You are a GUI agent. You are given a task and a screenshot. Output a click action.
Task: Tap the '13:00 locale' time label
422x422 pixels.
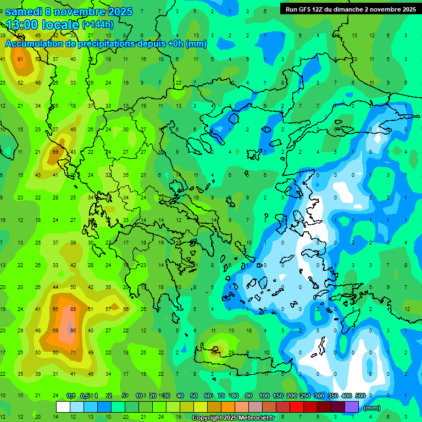(43, 24)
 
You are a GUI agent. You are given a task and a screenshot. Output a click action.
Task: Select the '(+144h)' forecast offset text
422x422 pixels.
(98, 24)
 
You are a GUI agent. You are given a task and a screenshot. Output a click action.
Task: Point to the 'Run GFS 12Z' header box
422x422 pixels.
(349, 9)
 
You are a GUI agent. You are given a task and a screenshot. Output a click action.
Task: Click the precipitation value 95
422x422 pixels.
(73, 330)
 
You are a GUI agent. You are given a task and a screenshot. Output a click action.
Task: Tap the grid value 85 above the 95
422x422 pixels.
(73, 309)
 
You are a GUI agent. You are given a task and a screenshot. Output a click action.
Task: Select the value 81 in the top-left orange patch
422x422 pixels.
(21, 59)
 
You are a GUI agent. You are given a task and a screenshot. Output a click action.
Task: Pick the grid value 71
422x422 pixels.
(73, 352)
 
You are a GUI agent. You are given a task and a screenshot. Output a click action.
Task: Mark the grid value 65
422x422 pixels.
(55, 309)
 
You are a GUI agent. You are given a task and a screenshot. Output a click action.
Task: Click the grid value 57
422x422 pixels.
(108, 309)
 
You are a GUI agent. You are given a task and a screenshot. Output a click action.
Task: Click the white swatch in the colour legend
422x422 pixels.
(63, 407)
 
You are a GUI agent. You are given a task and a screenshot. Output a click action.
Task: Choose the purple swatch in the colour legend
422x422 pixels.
(352, 407)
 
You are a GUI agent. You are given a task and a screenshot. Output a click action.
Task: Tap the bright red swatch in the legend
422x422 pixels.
(297, 407)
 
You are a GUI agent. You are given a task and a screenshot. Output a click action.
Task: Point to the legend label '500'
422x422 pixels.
(360, 396)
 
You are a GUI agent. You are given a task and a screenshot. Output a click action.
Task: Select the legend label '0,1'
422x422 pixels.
(71, 396)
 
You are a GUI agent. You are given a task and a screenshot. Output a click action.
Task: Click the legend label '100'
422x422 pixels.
(264, 396)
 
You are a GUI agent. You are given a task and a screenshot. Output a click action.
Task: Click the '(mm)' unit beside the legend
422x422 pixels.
(372, 408)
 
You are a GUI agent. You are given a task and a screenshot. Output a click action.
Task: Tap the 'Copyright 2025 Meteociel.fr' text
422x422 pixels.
(233, 418)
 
